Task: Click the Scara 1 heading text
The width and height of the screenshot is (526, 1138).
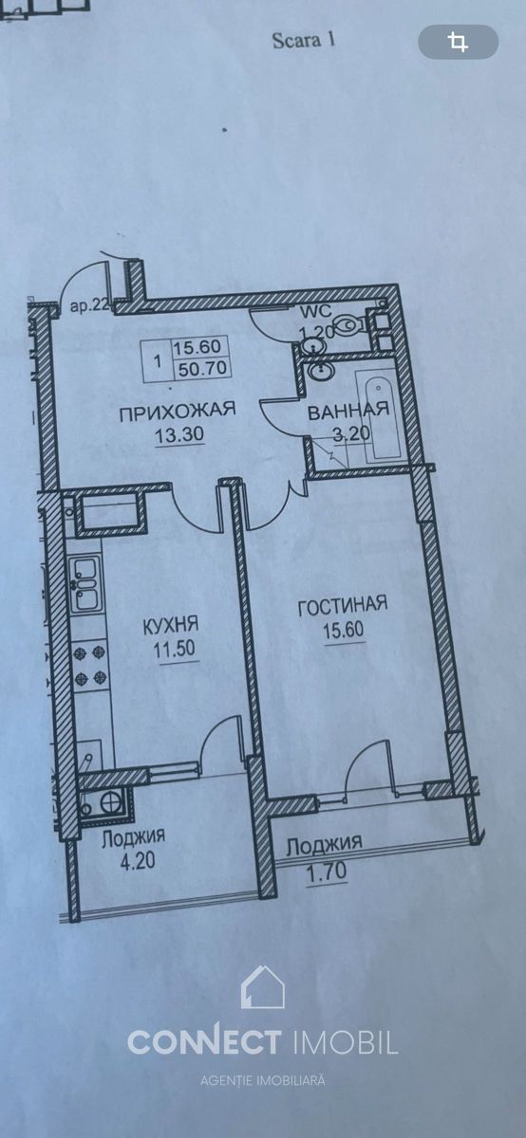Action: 304,40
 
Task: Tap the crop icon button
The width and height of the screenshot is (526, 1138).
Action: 459,42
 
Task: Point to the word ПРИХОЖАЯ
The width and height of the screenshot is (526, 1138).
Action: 178,411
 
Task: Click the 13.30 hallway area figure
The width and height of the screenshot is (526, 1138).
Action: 179,434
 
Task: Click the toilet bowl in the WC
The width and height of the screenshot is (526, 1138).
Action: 351,323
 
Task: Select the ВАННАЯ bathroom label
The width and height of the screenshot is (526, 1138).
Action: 348,410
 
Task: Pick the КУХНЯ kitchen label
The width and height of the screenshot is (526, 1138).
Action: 170,626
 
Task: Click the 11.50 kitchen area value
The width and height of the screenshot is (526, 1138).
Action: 175,650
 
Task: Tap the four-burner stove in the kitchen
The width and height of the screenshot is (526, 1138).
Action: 91,665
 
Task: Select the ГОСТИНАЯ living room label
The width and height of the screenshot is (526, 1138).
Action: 343,606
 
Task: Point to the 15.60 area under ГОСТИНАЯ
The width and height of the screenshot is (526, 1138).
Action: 344,631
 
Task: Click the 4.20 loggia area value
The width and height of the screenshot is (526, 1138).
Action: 136,861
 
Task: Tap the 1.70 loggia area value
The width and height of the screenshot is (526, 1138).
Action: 327,872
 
